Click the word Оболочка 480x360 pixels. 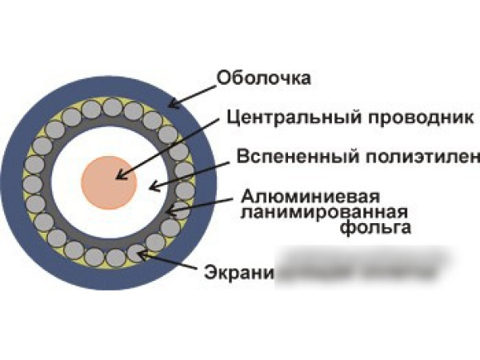coord(263,78)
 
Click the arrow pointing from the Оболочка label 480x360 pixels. coord(192,94)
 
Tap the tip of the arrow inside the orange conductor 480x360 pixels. coord(118,177)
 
